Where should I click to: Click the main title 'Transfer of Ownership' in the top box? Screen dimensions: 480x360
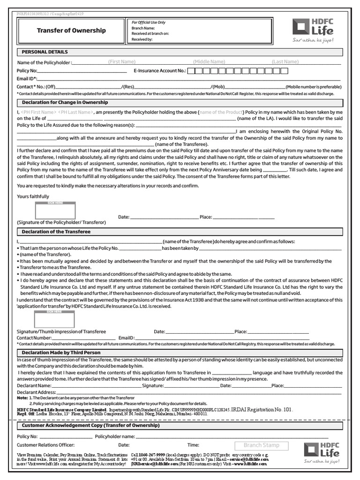click(x=71, y=30)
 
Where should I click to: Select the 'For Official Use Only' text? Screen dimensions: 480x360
click(x=149, y=22)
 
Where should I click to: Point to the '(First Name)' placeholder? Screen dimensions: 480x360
click(x=122, y=62)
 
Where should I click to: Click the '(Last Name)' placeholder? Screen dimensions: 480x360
click(x=285, y=62)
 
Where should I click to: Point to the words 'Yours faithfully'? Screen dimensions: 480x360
click(x=33, y=196)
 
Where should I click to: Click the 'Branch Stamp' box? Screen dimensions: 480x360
click(x=261, y=445)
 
